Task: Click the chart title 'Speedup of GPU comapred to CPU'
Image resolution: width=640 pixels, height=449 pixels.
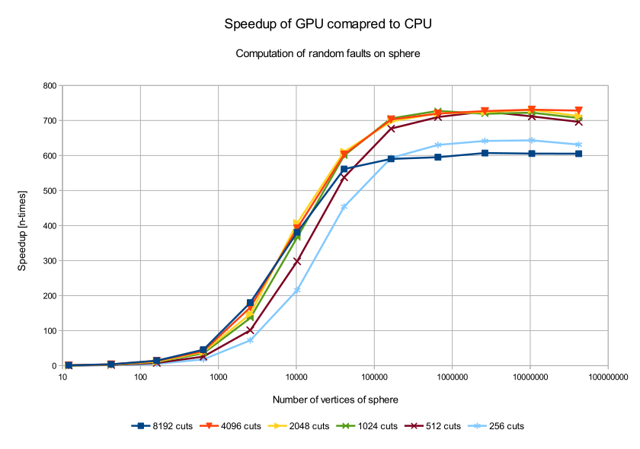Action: [328, 24]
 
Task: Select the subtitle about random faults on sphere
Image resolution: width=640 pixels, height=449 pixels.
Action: [328, 54]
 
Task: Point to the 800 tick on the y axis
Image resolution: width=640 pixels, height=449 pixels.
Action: [50, 86]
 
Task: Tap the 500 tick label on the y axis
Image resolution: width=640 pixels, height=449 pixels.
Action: [50, 191]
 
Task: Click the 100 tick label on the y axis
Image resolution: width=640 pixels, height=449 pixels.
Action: [50, 331]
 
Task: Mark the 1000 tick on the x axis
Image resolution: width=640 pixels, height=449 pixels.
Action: [218, 376]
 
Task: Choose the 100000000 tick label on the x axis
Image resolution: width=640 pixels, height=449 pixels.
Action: [607, 376]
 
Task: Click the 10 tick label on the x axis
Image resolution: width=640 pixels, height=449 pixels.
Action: [62, 376]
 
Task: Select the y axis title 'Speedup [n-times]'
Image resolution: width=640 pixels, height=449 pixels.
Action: [23, 226]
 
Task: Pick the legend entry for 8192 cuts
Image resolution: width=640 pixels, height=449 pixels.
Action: [161, 426]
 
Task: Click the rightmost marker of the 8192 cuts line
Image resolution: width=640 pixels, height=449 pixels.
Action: [578, 154]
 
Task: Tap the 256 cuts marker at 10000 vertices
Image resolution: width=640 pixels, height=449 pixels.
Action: [296, 291]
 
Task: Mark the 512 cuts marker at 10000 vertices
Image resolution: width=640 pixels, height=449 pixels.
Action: [296, 261]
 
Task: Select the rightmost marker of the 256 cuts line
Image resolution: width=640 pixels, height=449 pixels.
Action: [578, 145]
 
